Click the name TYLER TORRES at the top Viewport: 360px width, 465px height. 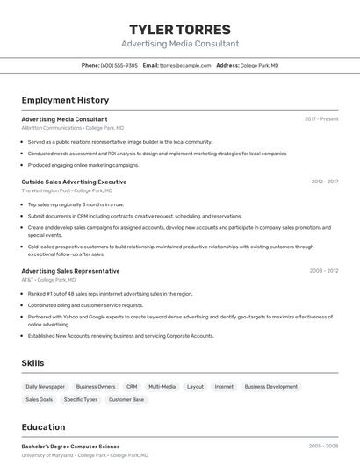pos(179,30)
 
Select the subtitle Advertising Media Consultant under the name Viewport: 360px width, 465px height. pos(179,44)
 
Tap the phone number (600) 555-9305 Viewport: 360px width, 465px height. pos(119,65)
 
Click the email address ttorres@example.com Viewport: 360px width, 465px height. pos(185,65)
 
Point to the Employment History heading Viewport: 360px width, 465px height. pos(65,100)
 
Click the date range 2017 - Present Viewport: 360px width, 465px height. pos(321,118)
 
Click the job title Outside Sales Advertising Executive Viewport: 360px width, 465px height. pos(74,182)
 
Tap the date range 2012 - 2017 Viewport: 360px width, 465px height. pos(324,182)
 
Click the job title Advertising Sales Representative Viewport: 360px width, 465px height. pos(70,271)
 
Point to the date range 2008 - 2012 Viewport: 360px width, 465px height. pos(324,271)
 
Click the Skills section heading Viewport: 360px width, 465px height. pos(33,362)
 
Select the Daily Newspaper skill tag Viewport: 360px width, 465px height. pos(45,386)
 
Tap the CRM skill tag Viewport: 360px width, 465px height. pos(132,386)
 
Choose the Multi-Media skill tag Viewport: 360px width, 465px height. pos(162,386)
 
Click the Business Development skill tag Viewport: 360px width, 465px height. pos(270,386)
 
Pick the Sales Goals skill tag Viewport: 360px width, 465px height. pos(39,399)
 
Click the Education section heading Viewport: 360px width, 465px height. pos(43,427)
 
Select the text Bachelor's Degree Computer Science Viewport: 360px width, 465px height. pos(70,447)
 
